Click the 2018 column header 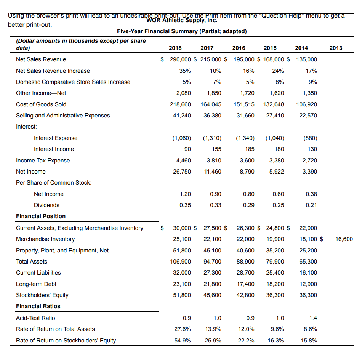(175, 48)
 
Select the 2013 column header (336, 48)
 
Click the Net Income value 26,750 (182, 172)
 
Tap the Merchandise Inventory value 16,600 (344, 239)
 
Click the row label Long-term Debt (36, 284)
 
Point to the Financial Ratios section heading (38, 306)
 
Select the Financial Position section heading (41, 216)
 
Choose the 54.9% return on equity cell (182, 341)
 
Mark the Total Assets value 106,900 (181, 262)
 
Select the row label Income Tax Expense (43, 161)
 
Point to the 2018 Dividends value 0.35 (185, 205)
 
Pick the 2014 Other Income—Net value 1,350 (309, 93)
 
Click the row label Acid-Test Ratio (35, 318)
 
